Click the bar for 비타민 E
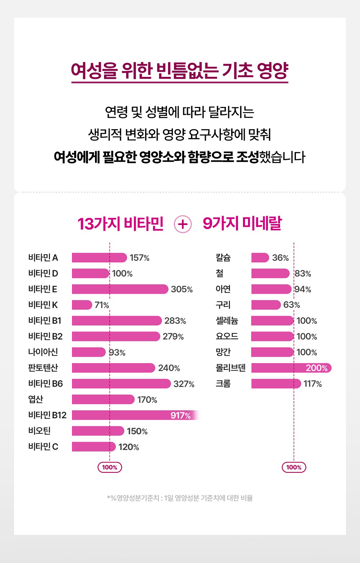tap(120, 289)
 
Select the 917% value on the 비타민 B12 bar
tap(180, 415)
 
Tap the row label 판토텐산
tap(43, 368)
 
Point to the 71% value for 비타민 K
tap(102, 305)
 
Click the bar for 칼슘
tap(260, 258)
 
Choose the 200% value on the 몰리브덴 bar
tap(316, 368)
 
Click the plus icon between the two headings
tap(183, 224)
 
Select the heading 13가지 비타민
tap(121, 224)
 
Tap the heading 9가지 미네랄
tap(242, 224)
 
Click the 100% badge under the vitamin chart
tap(110, 467)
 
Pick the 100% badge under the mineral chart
tap(294, 467)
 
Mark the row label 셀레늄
tap(227, 320)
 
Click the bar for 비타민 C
tap(94, 447)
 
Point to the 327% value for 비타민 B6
tap(184, 384)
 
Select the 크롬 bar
tap(276, 384)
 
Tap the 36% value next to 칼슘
tap(280, 258)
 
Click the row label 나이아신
tap(43, 352)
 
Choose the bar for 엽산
tap(103, 399)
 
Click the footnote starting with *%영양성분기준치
tap(180, 498)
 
